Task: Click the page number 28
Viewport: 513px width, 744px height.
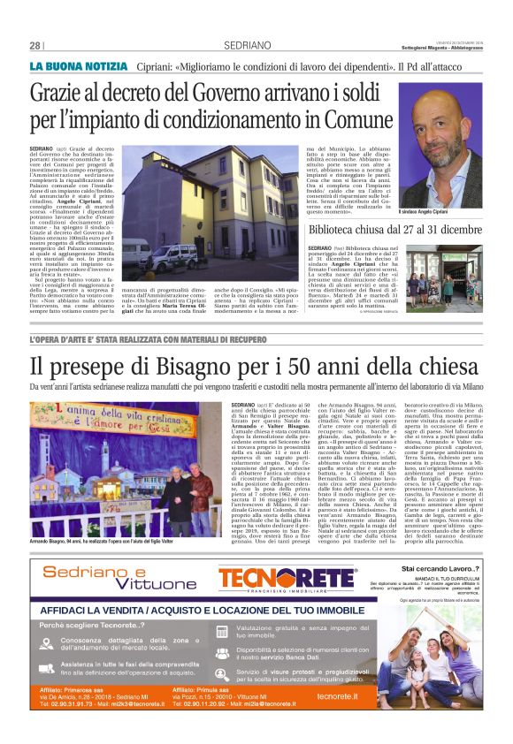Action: point(35,45)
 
